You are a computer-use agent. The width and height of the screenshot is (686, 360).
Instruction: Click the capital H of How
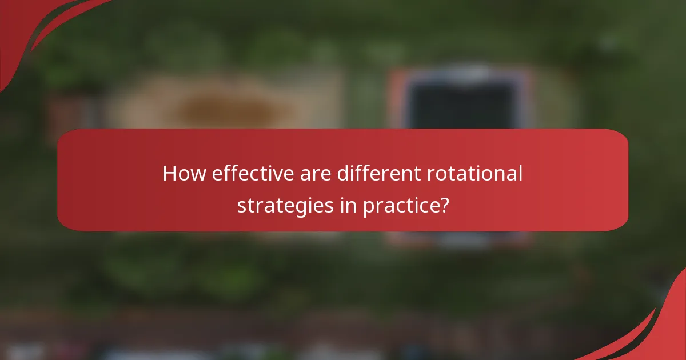click(170, 174)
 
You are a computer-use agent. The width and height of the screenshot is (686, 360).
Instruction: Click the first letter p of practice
click(369, 207)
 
